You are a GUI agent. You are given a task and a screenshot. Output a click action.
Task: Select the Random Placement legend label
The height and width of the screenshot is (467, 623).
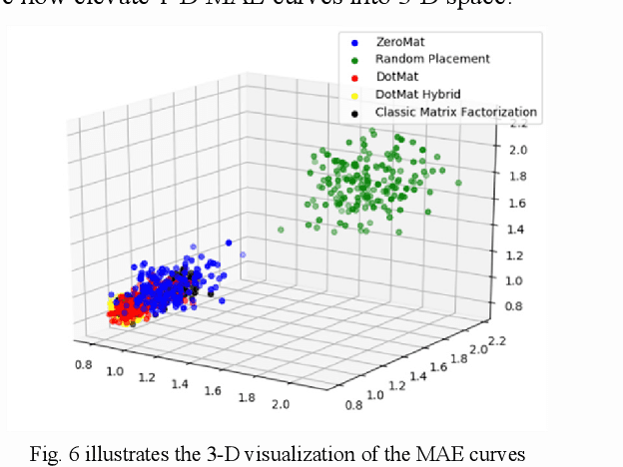tap(433, 59)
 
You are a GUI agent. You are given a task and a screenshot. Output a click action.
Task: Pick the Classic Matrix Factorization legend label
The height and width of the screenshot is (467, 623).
tap(456, 112)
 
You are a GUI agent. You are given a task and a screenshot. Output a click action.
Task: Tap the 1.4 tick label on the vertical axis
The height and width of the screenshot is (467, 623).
tap(515, 229)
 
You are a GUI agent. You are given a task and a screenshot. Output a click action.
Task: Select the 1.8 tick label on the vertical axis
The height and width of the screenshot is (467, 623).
tap(515, 176)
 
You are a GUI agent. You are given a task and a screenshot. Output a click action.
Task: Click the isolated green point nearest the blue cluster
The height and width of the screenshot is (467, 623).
tap(281, 230)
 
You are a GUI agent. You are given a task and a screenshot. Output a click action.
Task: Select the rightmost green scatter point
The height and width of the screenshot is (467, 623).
tap(458, 184)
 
